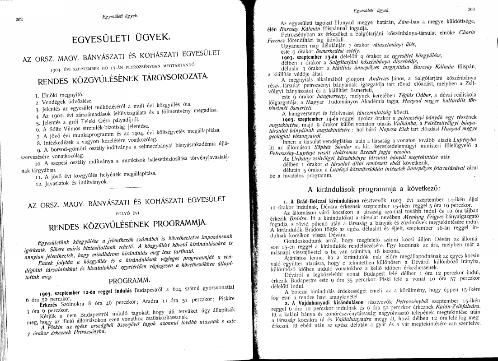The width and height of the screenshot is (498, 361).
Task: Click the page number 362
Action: point(19,19)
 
